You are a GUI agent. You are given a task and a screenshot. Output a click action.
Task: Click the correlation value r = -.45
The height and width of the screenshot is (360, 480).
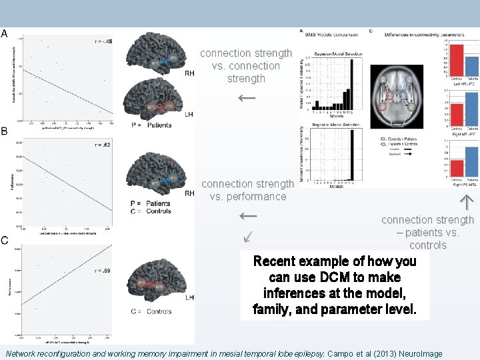[103, 41]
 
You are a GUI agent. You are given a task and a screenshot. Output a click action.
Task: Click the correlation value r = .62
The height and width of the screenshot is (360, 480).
[103, 145]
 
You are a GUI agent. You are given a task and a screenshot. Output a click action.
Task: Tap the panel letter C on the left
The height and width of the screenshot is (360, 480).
[5, 241]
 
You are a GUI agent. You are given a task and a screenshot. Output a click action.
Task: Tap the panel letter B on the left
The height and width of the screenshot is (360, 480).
[5, 131]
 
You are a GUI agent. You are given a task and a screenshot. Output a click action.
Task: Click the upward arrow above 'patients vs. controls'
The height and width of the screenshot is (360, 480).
[466, 201]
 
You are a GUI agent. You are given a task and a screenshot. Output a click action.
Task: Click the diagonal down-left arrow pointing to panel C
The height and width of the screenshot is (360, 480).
[247, 236]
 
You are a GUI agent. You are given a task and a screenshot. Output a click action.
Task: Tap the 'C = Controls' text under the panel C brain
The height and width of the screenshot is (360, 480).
[151, 311]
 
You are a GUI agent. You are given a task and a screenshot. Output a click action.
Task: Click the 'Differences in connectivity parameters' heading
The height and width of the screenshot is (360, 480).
[415, 31]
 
